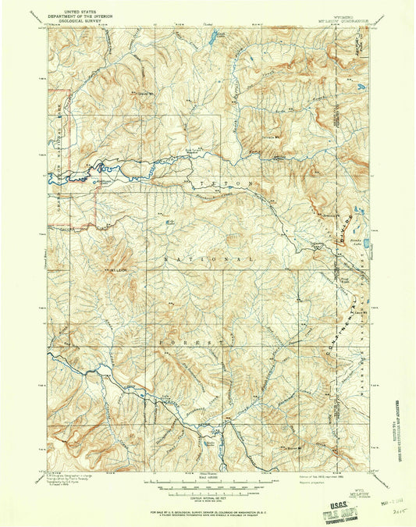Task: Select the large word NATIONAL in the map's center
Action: point(209,258)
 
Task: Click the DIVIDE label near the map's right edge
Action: point(342,234)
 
